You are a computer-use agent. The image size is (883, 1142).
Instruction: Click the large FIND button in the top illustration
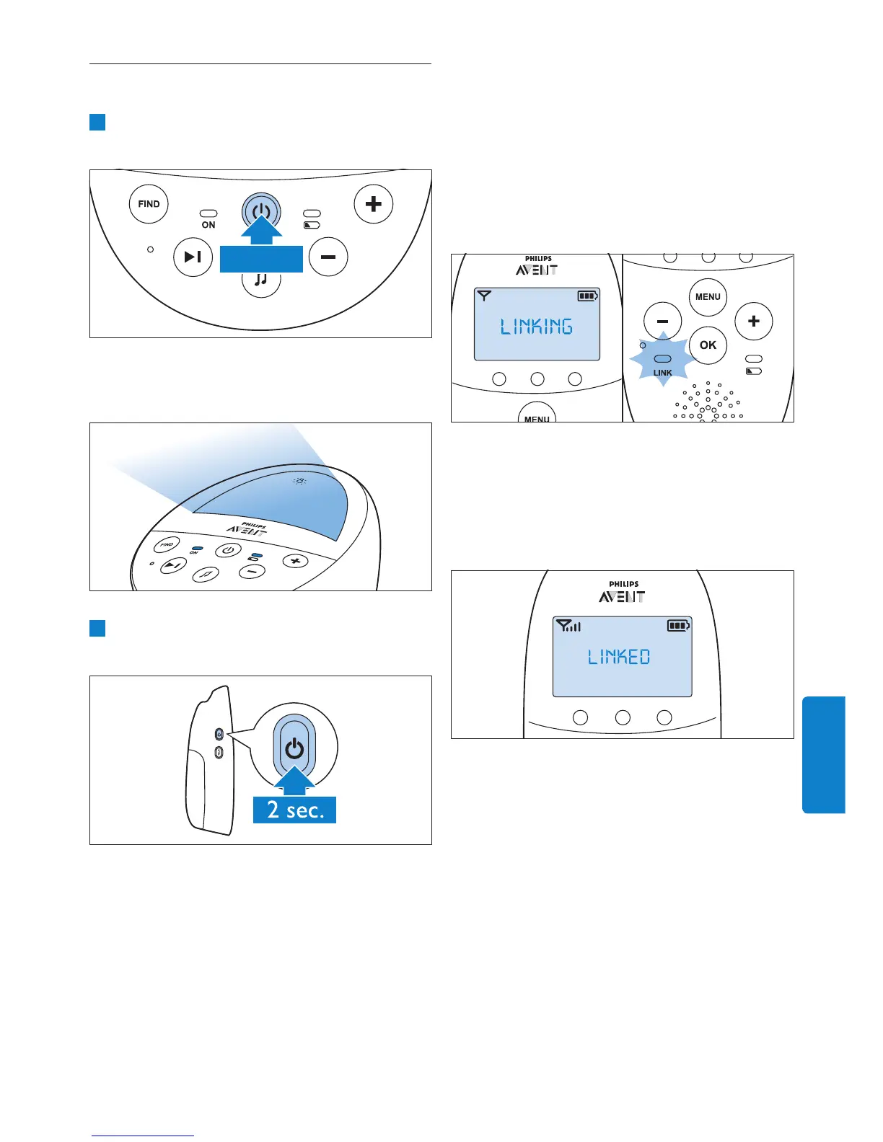click(149, 204)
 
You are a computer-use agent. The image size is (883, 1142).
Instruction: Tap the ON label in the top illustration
click(208, 225)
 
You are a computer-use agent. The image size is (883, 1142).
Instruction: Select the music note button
click(261, 280)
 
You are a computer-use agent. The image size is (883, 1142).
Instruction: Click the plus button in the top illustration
click(373, 204)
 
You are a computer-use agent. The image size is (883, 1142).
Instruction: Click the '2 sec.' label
click(294, 810)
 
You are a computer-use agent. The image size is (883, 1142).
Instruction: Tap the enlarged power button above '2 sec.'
click(294, 749)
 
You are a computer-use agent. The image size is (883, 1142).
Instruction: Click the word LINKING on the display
click(537, 327)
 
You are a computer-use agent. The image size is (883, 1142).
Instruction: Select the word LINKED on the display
click(619, 657)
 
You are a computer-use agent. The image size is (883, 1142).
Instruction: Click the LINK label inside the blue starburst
click(662, 373)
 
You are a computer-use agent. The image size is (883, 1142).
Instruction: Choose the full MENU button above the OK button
click(708, 297)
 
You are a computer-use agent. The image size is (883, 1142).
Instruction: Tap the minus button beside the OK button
click(662, 322)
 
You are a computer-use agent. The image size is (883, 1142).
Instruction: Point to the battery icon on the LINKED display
click(678, 626)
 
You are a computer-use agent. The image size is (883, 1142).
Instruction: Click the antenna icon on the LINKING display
click(484, 296)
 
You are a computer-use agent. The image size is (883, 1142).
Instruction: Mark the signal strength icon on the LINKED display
click(569, 626)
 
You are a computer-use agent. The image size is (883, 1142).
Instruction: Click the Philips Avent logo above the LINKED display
click(623, 592)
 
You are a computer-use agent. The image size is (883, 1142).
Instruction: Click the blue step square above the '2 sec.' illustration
click(97, 628)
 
